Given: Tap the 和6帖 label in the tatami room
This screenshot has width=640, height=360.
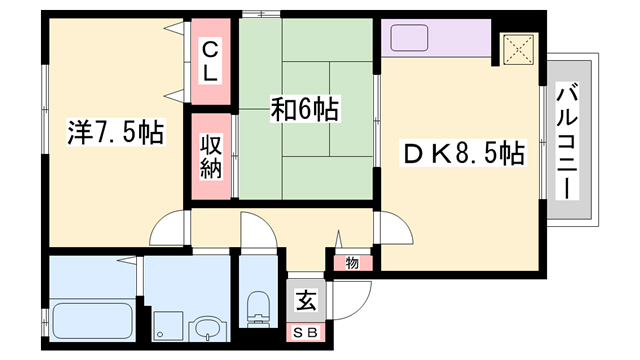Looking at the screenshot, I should click(304, 109).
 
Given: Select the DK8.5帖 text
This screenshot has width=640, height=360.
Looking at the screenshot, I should click(463, 154).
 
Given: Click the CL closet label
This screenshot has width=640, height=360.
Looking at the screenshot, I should click(212, 60).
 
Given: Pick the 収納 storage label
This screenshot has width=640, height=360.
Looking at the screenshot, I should click(212, 156).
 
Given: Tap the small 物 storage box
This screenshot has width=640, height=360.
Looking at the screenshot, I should click(352, 263).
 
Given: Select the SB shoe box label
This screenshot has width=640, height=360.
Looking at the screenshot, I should click(303, 331).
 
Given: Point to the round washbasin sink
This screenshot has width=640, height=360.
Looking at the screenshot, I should click(208, 327).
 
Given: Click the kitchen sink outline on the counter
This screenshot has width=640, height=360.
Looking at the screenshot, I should click(409, 38).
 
